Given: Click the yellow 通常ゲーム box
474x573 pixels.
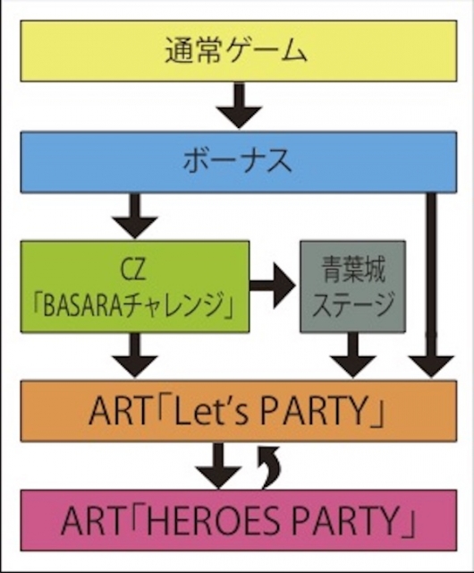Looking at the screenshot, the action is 239,51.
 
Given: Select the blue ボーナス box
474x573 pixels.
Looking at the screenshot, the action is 239,162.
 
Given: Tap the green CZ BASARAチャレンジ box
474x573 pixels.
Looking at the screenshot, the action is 135,286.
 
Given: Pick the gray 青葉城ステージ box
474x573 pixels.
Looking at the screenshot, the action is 352,286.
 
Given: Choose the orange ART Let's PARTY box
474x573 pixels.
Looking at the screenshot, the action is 239,411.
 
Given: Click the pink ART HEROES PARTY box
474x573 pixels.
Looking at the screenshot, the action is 239,520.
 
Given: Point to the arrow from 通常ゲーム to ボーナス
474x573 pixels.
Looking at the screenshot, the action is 239,106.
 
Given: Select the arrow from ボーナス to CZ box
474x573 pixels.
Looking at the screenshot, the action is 135,216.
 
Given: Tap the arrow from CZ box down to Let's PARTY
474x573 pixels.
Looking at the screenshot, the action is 135,355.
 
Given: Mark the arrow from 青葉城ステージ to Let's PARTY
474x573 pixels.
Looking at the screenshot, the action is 352,355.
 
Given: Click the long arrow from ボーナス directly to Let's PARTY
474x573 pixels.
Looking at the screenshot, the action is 431,285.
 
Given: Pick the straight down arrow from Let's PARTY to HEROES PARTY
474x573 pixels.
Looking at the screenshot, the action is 218,466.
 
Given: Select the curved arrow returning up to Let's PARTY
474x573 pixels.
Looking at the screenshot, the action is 271,467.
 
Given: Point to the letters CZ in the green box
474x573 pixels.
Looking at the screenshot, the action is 135,270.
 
